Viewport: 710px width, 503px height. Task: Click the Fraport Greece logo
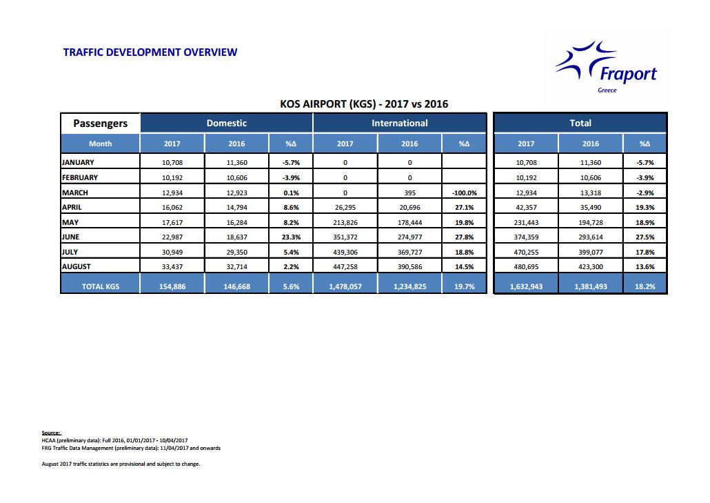coord(607,67)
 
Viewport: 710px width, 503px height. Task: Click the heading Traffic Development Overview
coord(150,52)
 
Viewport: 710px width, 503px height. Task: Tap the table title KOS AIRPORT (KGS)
coord(328,103)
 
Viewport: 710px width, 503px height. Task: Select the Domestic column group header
coord(226,123)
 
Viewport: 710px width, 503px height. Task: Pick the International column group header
coord(399,123)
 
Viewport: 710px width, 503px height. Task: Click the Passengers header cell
coord(101,124)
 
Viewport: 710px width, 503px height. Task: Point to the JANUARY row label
coord(78,162)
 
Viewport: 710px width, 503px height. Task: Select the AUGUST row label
coord(77,266)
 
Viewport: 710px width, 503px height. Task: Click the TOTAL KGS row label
coord(101,286)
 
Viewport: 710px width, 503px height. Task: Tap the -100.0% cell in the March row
coord(464,193)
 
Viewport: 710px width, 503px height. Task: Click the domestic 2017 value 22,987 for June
coord(172,237)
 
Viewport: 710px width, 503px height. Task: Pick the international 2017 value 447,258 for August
coord(345,266)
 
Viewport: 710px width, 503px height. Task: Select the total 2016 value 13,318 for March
coord(591,193)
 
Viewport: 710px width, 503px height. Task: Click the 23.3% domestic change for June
coord(291,237)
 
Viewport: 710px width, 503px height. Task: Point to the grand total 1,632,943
coord(526,286)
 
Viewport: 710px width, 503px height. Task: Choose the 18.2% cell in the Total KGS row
coord(645,286)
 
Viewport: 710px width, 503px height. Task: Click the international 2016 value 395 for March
coord(409,193)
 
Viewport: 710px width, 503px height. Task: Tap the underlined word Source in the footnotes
coord(51,433)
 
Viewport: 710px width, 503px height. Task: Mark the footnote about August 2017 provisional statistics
coord(121,464)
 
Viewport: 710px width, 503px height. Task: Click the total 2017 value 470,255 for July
coord(526,252)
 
